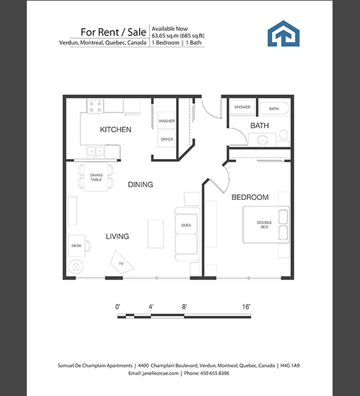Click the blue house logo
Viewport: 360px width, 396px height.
click(283, 34)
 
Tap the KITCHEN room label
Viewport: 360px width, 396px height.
click(116, 130)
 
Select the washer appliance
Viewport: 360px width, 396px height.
click(167, 121)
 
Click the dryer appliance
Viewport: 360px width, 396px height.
click(167, 139)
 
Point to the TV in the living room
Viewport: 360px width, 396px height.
click(122, 263)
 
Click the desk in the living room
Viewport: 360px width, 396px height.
click(77, 246)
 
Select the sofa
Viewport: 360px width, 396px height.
click(187, 234)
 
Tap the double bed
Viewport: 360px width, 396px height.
click(266, 225)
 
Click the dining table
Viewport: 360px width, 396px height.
click(96, 178)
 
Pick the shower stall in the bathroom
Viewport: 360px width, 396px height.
click(243, 107)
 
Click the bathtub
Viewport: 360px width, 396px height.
click(274, 108)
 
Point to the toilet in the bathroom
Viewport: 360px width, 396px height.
click(284, 137)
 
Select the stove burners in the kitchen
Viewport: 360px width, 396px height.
click(96, 106)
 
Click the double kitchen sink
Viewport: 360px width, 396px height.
click(96, 151)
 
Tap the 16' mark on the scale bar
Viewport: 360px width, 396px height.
click(246, 307)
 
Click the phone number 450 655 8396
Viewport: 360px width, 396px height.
click(215, 373)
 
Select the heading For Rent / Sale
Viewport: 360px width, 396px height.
click(114, 32)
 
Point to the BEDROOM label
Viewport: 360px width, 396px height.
click(250, 197)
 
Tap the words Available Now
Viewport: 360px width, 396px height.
click(170, 29)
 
